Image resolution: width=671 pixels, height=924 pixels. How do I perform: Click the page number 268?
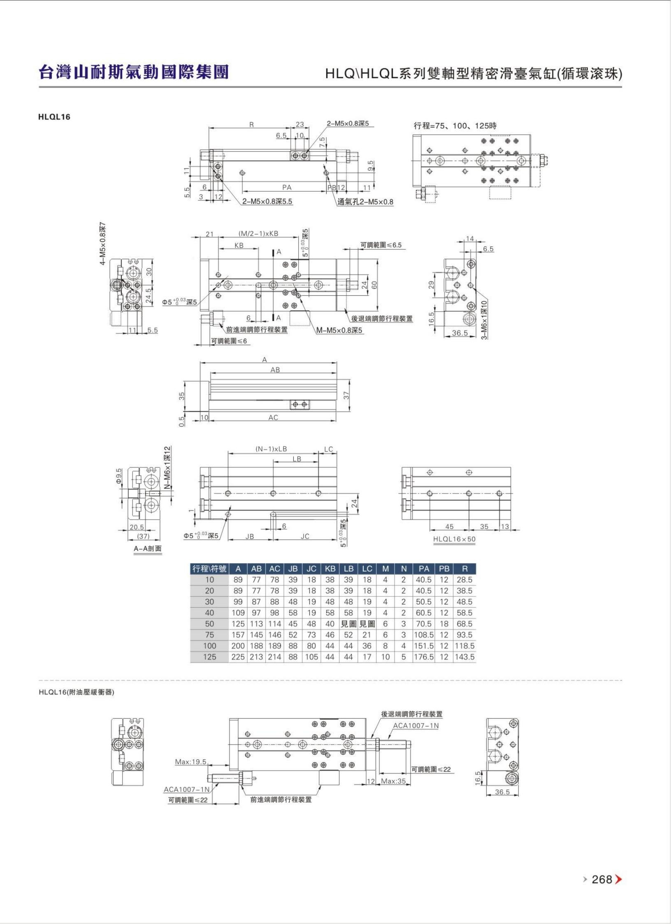tap(602, 879)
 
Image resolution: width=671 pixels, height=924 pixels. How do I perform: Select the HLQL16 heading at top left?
tap(54, 117)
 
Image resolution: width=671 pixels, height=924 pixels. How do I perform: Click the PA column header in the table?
tap(424, 569)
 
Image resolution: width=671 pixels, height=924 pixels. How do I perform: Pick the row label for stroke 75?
tap(209, 635)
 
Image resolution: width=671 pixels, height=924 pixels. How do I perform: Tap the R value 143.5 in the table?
tap(464, 657)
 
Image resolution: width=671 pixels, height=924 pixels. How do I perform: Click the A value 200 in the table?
tap(238, 646)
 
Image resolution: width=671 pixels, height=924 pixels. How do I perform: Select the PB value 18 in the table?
tap(444, 624)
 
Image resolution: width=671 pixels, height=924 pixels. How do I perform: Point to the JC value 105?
tap(311, 657)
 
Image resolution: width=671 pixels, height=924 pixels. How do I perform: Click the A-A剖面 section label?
tap(148, 549)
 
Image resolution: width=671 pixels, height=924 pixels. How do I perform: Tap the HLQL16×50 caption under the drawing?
tap(454, 539)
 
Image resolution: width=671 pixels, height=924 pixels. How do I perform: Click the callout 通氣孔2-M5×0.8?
tap(365, 202)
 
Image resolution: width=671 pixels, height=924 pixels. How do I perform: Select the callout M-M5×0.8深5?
tap(340, 330)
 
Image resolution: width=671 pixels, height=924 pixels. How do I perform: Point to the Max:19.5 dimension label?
tap(190, 762)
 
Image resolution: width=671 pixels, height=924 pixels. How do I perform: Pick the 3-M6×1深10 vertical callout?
tap(484, 319)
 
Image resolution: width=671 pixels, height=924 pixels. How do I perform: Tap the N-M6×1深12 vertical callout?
tap(167, 468)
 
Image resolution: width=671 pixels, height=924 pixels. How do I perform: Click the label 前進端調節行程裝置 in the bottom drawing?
tap(281, 800)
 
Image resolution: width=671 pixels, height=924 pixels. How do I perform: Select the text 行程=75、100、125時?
tap(455, 125)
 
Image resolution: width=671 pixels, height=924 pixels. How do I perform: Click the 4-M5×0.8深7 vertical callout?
tap(103, 244)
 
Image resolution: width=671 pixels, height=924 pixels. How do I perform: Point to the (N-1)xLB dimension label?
tap(271, 449)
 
